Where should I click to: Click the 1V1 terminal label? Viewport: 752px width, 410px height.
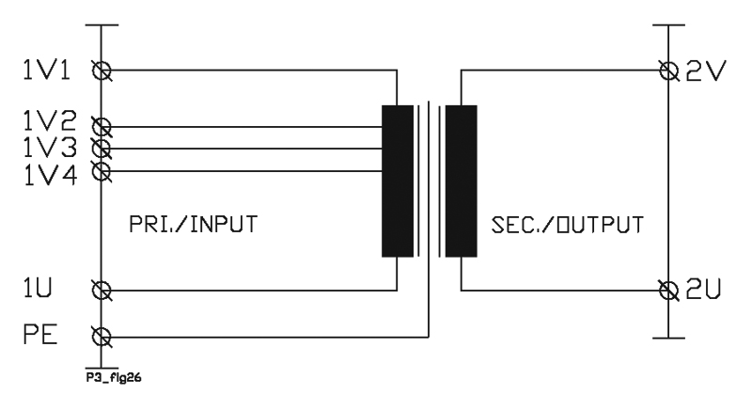click(x=46, y=71)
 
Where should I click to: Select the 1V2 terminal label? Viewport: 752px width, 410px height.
click(x=50, y=121)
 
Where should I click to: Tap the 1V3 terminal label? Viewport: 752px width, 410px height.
click(x=50, y=148)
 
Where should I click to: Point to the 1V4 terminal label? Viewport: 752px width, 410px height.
click(x=50, y=175)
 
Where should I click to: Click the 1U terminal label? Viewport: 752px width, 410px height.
click(x=38, y=288)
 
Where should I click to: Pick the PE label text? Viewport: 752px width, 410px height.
click(x=40, y=334)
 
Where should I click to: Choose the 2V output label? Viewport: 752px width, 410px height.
click(x=706, y=71)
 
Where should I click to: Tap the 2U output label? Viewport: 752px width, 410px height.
click(x=703, y=290)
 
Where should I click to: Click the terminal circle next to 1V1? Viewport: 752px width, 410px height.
click(x=102, y=71)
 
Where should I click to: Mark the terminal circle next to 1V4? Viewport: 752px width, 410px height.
click(x=102, y=171)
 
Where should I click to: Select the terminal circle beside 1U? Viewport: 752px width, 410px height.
click(x=102, y=291)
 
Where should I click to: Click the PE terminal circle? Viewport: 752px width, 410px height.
click(x=102, y=337)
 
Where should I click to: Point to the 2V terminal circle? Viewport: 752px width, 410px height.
click(x=669, y=71)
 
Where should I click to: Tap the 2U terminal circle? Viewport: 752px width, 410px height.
click(x=669, y=291)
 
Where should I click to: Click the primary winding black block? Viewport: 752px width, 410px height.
click(x=398, y=181)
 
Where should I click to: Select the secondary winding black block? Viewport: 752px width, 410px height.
click(x=462, y=181)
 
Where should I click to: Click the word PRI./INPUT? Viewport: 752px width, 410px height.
click(x=194, y=225)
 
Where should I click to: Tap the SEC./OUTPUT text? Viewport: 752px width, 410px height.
click(x=568, y=225)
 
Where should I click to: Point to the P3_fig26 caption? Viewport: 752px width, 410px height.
click(x=114, y=378)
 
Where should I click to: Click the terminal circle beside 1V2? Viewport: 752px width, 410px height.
click(x=102, y=127)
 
